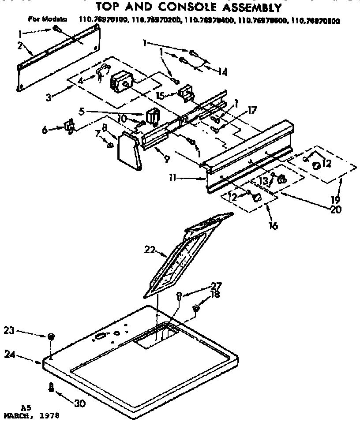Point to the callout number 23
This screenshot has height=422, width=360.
(9, 329)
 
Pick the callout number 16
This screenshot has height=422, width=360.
(273, 226)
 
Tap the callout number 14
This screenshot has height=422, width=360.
(223, 71)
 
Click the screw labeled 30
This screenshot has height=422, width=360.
(52, 387)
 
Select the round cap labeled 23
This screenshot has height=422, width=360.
(51, 337)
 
